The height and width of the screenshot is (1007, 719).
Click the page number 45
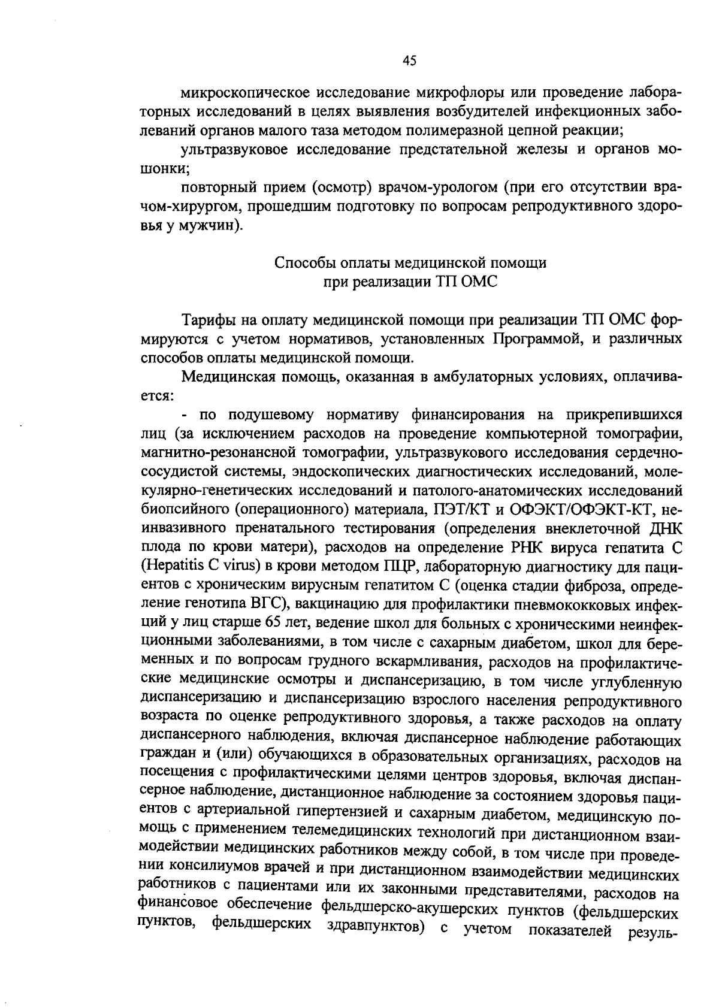click(410, 60)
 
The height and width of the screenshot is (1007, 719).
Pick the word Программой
click(536, 339)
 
